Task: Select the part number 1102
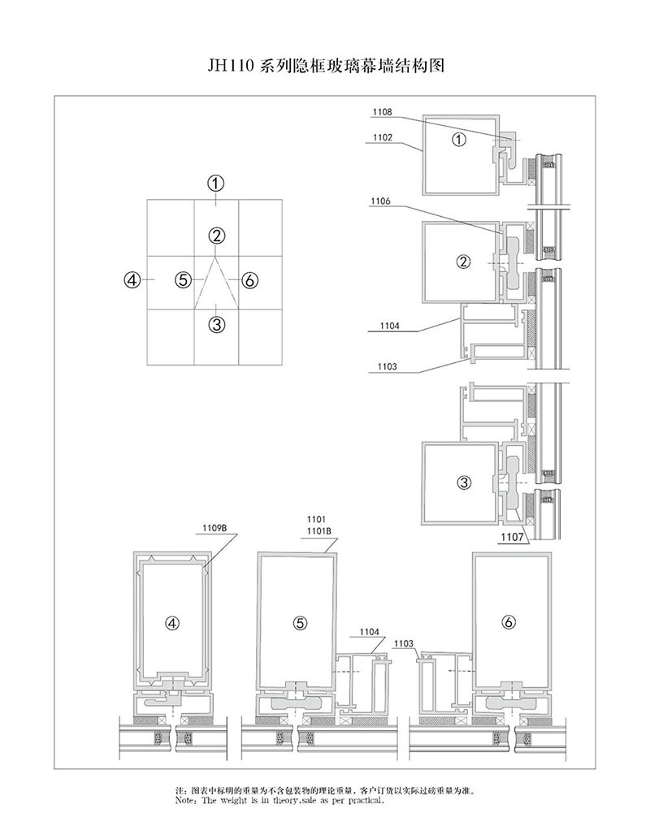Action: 383,137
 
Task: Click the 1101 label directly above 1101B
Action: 314,519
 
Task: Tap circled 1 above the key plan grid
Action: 215,183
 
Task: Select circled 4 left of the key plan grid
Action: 132,280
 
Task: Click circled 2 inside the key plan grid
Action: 216,236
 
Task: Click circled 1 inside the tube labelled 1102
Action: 459,140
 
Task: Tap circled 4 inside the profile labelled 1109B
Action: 171,623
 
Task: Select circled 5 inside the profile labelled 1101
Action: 300,623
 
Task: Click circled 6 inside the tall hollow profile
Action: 509,623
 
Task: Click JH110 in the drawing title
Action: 232,66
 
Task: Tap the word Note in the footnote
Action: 185,800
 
